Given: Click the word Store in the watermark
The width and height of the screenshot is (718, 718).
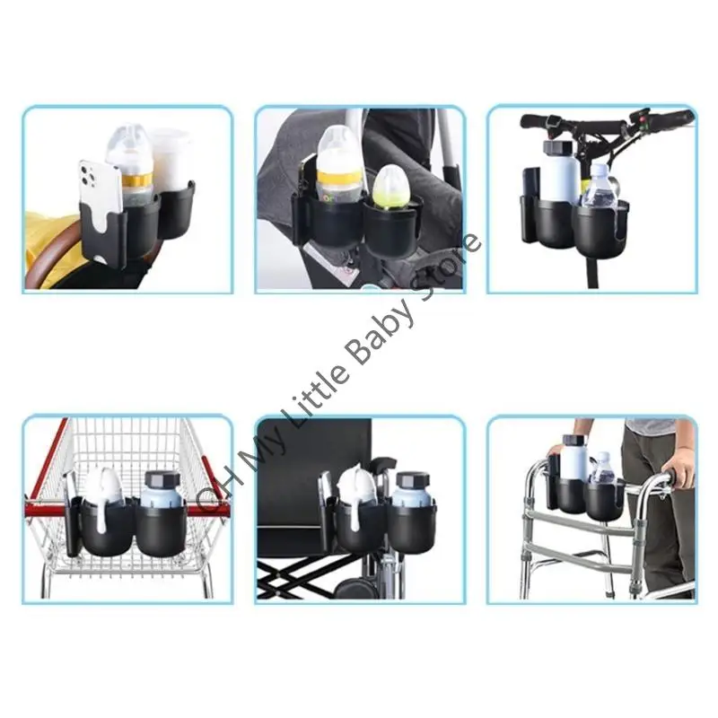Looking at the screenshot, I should tap(449, 270).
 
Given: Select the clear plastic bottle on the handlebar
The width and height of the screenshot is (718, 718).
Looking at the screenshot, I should tap(598, 188).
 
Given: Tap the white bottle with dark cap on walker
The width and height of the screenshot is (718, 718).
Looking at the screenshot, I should tap(574, 458).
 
